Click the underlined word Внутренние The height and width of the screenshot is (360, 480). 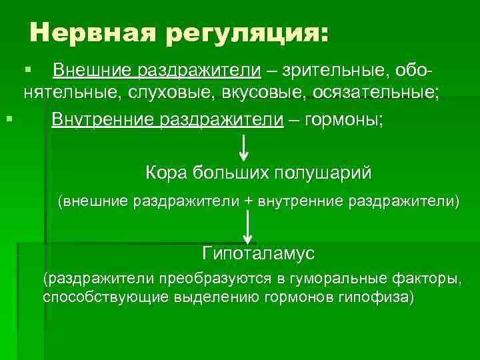(x=101, y=120)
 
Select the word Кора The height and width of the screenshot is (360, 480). (x=165, y=173)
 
